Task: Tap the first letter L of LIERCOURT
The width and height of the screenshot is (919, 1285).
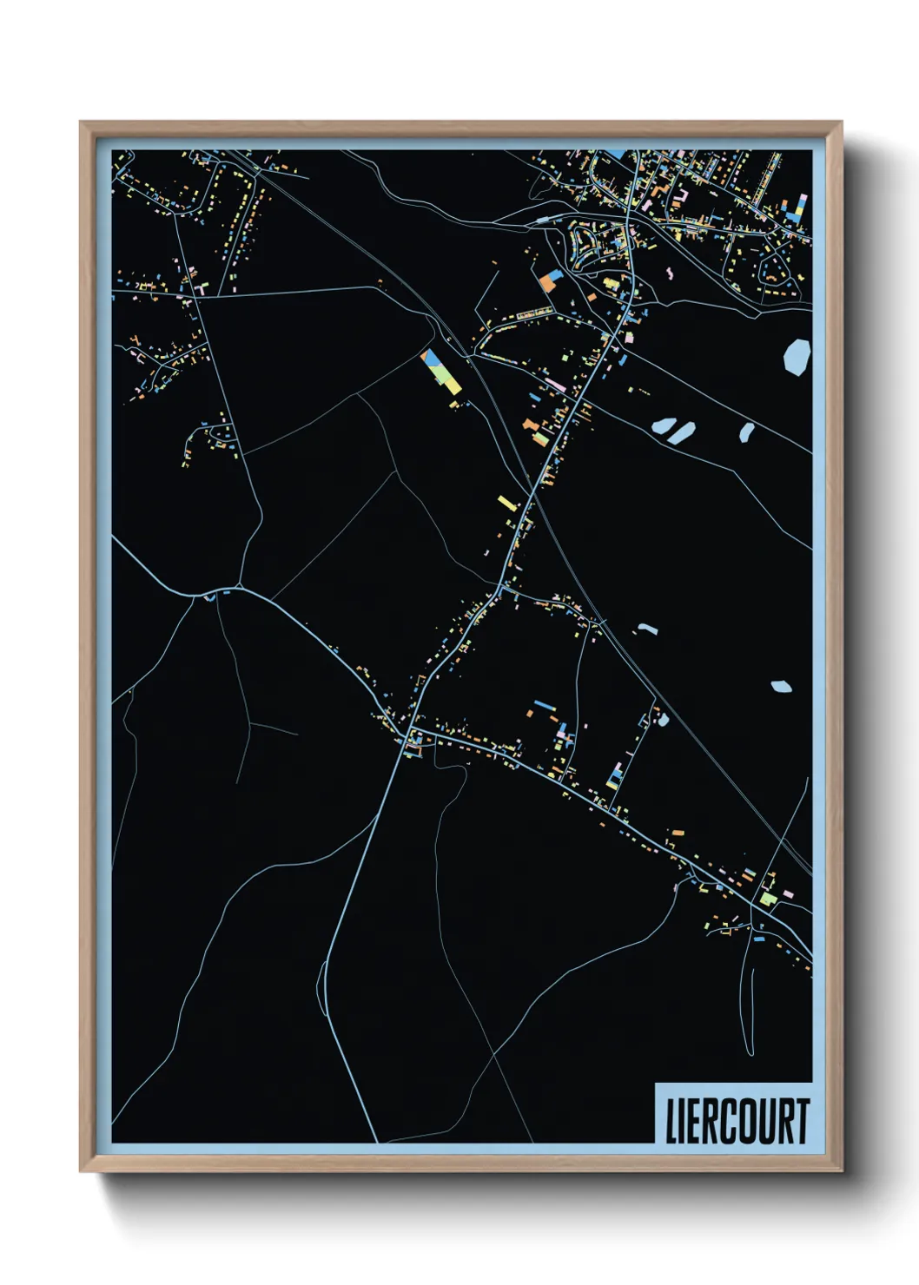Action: pyautogui.click(x=671, y=1121)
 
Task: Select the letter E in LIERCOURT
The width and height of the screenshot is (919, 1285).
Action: pyautogui.click(x=695, y=1121)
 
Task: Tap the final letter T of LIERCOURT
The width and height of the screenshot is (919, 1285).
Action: pyautogui.click(x=802, y=1121)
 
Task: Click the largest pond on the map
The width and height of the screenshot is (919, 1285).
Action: pyautogui.click(x=797, y=356)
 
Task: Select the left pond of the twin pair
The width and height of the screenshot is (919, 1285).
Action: pyautogui.click(x=663, y=426)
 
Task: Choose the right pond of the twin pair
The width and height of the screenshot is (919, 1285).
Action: pyautogui.click(x=683, y=432)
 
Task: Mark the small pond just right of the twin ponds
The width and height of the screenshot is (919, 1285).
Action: pyautogui.click(x=746, y=432)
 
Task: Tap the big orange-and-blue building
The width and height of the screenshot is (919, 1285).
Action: pyautogui.click(x=551, y=280)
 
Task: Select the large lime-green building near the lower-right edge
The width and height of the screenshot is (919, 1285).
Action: pyautogui.click(x=767, y=899)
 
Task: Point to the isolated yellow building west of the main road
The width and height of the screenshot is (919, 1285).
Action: pyautogui.click(x=507, y=502)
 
